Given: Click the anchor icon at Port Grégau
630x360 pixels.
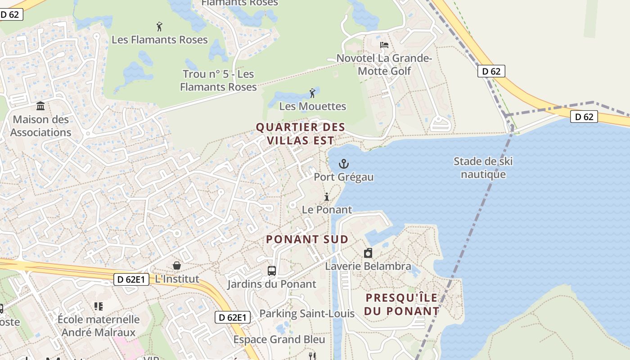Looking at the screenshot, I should pos(344,164).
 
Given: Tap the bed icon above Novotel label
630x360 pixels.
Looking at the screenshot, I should pos(384,45).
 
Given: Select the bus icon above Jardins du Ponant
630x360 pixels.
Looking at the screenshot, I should pos(272,270).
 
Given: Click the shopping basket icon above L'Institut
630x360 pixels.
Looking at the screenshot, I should pos(177,265).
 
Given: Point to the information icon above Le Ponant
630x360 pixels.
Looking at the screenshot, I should pos(327,197).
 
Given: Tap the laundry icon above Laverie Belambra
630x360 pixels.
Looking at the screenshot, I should pos(368,253).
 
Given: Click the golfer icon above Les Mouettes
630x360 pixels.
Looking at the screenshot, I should pos(312,93).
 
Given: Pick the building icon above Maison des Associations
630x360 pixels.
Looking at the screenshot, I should pos(40,106).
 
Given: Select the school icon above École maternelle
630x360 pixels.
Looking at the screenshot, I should pos(99,306).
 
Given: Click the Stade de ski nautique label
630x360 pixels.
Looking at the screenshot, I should pos(483,168).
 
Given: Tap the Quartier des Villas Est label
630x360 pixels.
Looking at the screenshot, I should pos(301,134).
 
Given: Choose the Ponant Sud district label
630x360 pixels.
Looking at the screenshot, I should pos(307,239).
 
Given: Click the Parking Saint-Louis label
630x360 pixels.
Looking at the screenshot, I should pos(307,313).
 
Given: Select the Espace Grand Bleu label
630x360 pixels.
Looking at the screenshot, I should pos(279,339).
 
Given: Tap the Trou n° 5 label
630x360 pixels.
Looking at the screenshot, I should pos(218,80).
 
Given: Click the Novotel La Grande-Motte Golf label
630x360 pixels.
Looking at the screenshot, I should pos(384,64).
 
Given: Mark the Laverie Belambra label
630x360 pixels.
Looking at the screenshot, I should pos(368,266).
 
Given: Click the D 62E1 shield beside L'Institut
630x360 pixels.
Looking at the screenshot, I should pos(130,279).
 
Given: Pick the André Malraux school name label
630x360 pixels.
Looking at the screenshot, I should pos(99,326).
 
